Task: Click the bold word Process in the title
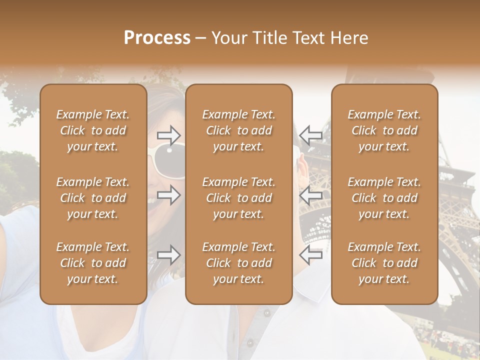tap(157, 38)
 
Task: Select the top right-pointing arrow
tap(168, 135)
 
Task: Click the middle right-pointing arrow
tap(168, 195)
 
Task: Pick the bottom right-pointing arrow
tap(168, 255)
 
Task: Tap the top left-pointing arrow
tap(310, 135)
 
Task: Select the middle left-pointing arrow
tap(310, 195)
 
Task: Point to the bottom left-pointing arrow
tap(310, 255)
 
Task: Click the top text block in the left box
tap(93, 130)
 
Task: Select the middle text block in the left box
tap(93, 198)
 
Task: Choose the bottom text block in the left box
tap(93, 263)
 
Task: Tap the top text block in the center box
tap(239, 130)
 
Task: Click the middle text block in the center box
tap(239, 198)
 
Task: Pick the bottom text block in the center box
tap(239, 263)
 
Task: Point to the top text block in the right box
tap(384, 130)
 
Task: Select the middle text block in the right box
tap(384, 198)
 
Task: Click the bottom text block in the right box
tap(384, 263)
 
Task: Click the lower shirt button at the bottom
tap(250, 343)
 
